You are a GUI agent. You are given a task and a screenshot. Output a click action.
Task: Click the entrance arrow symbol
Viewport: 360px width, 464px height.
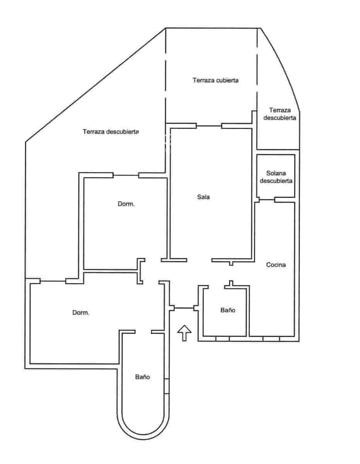184,333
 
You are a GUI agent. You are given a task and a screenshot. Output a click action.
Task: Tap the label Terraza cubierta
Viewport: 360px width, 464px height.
215,80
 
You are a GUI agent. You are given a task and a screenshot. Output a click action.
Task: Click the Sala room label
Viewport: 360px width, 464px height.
203,197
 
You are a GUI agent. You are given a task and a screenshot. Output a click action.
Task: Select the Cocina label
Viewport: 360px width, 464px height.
276,265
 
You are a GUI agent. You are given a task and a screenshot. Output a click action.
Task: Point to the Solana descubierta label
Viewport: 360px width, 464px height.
276,177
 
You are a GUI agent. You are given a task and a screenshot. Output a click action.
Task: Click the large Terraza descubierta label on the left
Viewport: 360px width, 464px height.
111,131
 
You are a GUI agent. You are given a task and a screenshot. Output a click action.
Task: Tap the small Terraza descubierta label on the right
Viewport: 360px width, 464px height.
280,114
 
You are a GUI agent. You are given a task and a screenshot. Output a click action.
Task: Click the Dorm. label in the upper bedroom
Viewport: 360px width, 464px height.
126,204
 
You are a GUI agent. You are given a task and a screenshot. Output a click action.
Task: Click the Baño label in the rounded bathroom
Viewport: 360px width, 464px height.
142,377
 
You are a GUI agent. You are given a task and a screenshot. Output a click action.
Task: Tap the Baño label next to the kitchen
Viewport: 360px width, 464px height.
228,310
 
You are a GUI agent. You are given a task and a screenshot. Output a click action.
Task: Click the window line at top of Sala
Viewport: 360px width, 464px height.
209,126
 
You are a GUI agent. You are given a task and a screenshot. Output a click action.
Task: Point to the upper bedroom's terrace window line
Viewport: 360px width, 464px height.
126,175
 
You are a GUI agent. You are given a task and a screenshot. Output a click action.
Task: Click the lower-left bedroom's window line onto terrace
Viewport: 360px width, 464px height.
53,281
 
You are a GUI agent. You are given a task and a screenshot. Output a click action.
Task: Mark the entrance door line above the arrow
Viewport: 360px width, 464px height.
184,308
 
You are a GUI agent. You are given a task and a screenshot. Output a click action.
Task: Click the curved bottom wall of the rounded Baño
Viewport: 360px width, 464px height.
143,435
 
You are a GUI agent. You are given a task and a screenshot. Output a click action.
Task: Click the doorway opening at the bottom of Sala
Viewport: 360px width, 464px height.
199,260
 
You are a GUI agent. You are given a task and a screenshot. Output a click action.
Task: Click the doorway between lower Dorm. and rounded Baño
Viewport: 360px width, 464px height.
143,332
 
